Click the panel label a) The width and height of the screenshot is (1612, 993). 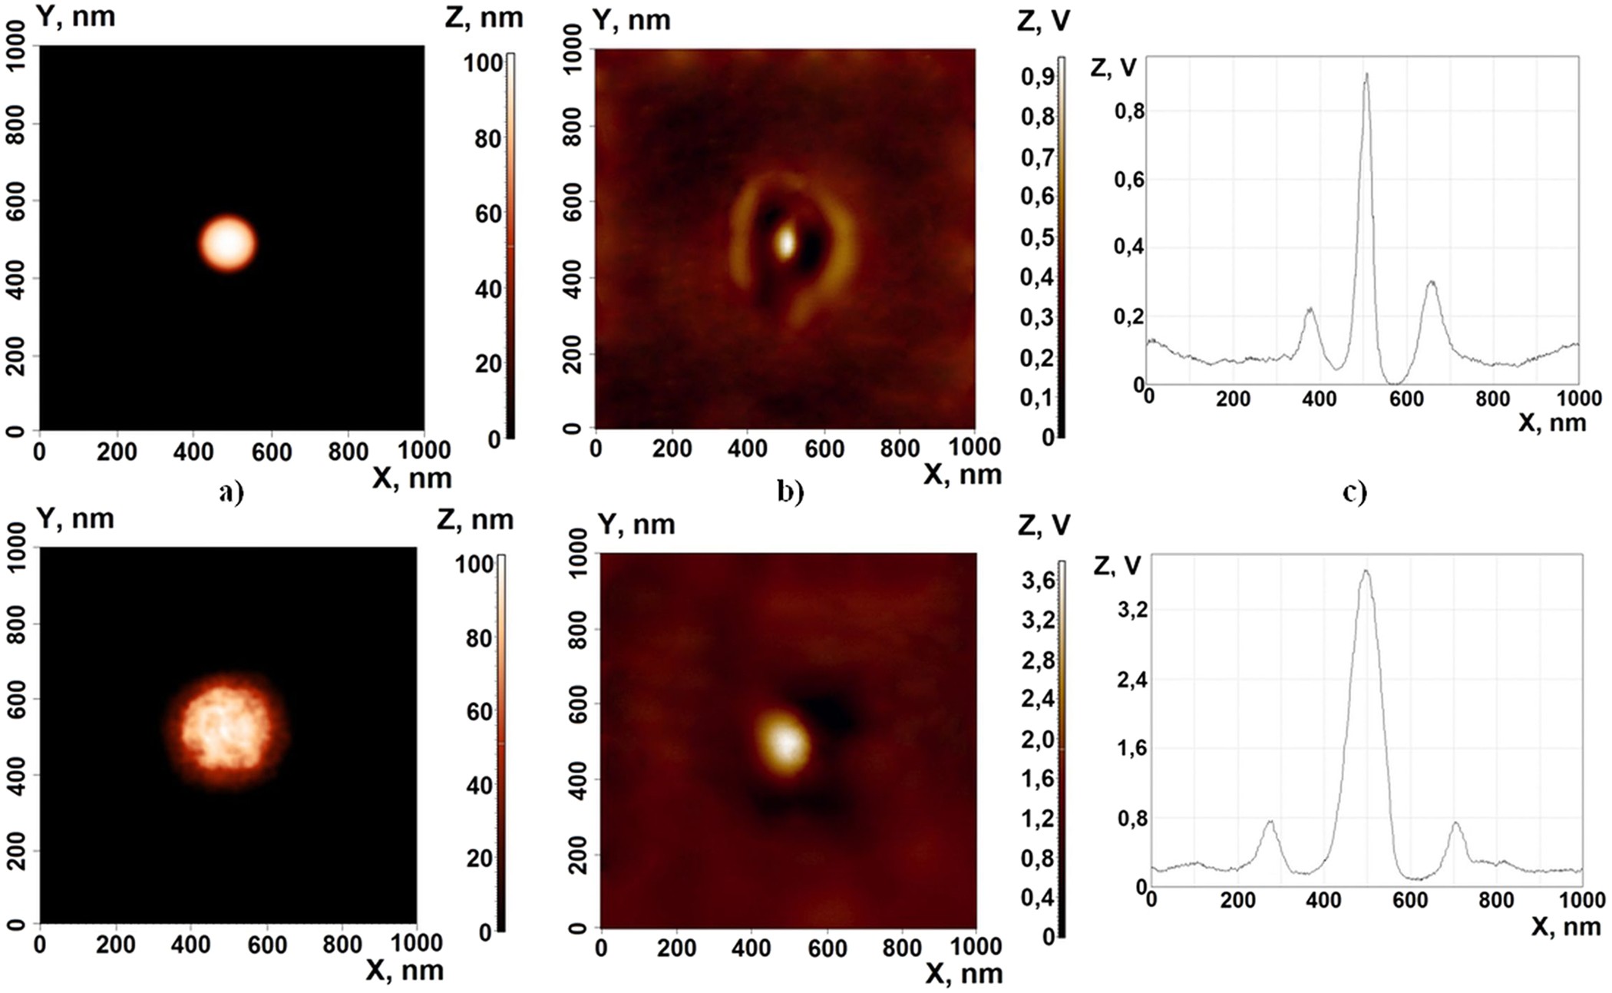pos(230,492)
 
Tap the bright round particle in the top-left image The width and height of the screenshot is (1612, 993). pos(227,243)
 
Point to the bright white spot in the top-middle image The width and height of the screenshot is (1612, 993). pos(785,243)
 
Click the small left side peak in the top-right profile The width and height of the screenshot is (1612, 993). pos(1310,310)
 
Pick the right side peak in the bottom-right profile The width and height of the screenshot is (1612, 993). pos(1455,825)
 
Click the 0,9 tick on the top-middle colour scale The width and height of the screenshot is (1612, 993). pos(1036,78)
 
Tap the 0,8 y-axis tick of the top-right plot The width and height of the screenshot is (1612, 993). pos(1128,112)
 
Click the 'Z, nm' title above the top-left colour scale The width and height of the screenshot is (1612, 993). pos(484,18)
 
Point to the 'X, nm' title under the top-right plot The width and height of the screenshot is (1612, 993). pos(1551,422)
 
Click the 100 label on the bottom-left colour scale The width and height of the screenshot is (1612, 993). pos(473,564)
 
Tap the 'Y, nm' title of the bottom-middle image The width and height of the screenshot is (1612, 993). pos(636,525)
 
